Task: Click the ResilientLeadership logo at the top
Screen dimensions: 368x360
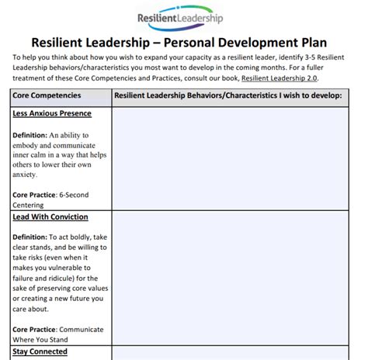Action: coord(184,16)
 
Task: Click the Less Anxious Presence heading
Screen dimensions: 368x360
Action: coord(52,113)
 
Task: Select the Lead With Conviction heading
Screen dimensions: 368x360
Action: coord(50,216)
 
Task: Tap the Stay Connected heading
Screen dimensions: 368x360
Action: coord(40,351)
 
